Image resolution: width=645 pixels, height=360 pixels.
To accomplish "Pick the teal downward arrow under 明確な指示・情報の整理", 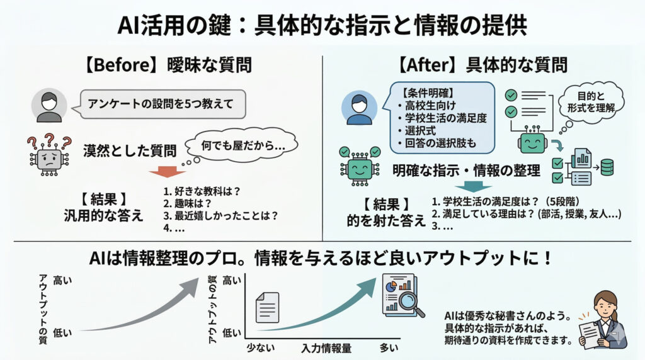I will tap(473, 186).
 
